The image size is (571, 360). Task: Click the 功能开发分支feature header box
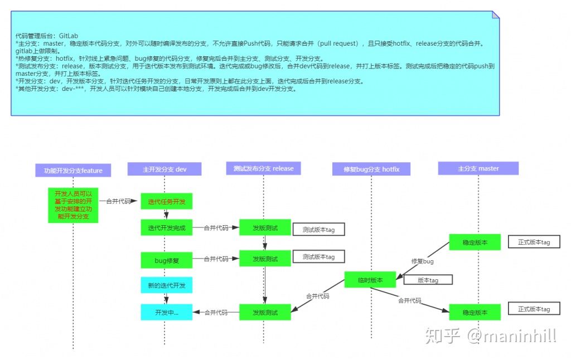(x=73, y=170)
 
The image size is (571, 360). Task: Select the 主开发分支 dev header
(x=164, y=169)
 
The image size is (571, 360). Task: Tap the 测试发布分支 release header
(x=263, y=168)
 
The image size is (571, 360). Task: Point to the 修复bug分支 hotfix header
(x=371, y=169)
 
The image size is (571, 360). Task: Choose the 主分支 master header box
(x=478, y=168)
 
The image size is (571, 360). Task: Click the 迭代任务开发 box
(x=166, y=201)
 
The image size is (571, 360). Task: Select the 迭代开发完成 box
(x=166, y=227)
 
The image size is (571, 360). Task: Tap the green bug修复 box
(x=166, y=259)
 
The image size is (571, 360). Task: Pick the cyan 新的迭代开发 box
(x=166, y=285)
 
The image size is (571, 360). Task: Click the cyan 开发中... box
(x=166, y=312)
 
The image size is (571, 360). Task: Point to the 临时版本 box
(x=371, y=280)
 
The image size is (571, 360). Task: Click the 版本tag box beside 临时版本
(x=428, y=280)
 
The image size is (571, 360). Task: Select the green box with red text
(x=73, y=205)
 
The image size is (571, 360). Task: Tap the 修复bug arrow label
(x=422, y=261)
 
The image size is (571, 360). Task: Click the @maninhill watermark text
(x=512, y=335)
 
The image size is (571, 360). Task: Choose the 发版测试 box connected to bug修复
(x=265, y=258)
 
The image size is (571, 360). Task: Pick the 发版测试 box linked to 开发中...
(x=265, y=312)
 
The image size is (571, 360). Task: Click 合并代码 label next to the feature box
(x=118, y=201)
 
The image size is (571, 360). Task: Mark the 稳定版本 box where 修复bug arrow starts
(x=475, y=242)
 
